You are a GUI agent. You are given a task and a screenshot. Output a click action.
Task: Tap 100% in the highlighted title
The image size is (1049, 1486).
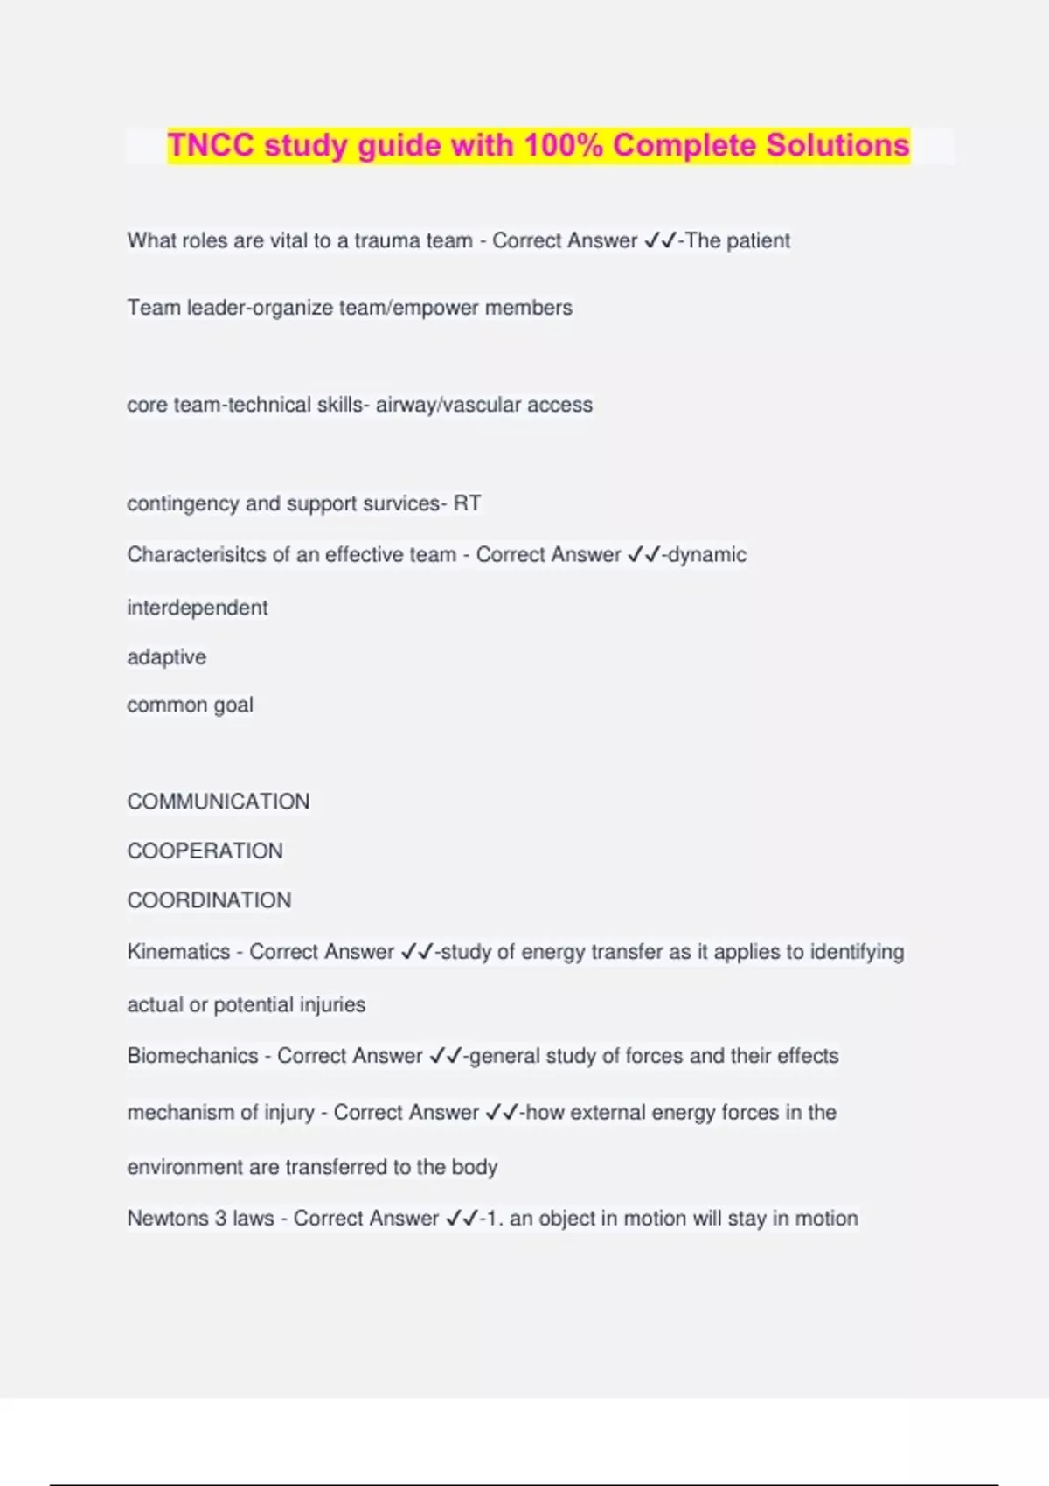[563, 145]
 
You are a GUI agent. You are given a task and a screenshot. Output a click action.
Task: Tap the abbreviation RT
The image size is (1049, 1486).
[467, 503]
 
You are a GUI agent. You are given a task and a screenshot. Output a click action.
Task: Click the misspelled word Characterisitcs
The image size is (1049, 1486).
[202, 555]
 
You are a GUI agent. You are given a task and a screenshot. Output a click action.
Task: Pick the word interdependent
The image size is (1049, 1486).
[198, 608]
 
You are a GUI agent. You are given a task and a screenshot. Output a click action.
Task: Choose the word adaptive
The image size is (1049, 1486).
[167, 657]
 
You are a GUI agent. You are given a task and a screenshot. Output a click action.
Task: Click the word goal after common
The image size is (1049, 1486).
[233, 705]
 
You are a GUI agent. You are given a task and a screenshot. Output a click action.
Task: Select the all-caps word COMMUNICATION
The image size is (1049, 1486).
[219, 802]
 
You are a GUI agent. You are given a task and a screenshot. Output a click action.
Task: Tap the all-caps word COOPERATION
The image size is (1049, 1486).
[205, 851]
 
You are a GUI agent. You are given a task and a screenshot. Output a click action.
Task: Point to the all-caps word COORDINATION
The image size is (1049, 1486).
[210, 900]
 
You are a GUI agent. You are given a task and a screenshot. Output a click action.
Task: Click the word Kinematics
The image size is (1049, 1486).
[178, 952]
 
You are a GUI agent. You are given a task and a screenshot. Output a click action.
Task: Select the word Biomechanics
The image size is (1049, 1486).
[192, 1056]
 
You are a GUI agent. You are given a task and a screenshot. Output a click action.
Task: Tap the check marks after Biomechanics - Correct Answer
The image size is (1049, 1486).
[445, 1056]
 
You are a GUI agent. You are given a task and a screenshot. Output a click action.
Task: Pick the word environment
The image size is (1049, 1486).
[185, 1167]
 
